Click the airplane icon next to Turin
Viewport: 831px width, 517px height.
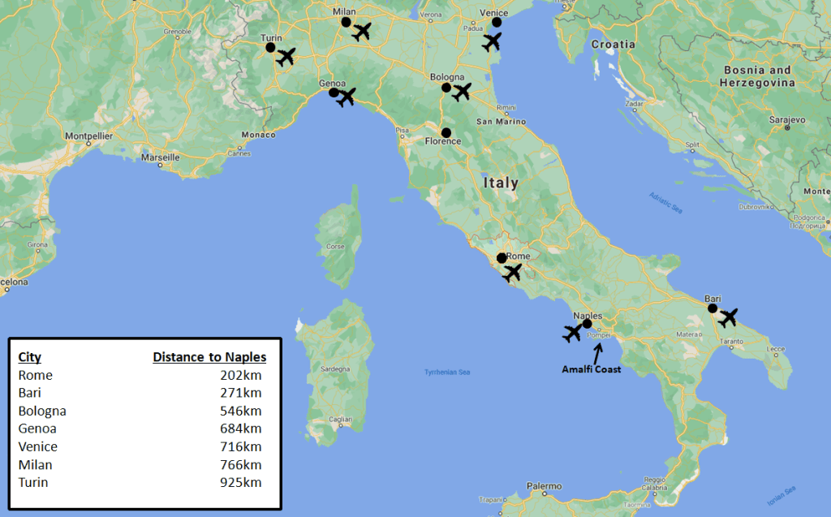point(285,57)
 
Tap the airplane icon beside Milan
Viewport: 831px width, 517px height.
point(361,32)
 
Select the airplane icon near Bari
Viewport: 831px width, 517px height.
point(728,317)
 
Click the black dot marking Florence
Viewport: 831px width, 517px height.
point(446,132)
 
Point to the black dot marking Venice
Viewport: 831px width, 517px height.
point(497,23)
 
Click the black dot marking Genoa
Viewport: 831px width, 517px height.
point(334,93)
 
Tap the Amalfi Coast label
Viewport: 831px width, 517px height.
point(592,369)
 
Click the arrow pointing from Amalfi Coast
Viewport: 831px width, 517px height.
point(598,353)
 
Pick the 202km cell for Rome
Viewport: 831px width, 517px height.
point(240,376)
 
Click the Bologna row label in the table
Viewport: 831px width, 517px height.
point(42,411)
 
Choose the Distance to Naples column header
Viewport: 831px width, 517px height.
point(209,357)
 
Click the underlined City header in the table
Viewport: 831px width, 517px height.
point(30,357)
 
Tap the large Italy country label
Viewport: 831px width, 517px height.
point(501,183)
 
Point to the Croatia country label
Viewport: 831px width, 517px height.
point(614,45)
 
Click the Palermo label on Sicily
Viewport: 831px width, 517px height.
point(544,487)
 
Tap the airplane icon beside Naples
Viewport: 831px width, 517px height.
point(572,332)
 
